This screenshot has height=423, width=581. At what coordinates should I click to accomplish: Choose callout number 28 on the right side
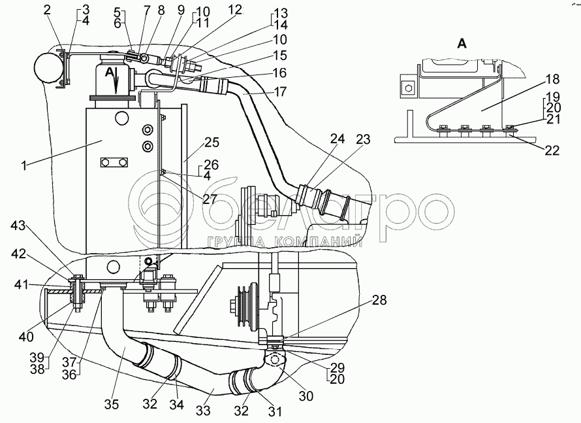click(380, 301)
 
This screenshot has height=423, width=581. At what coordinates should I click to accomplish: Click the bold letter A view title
click(462, 44)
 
